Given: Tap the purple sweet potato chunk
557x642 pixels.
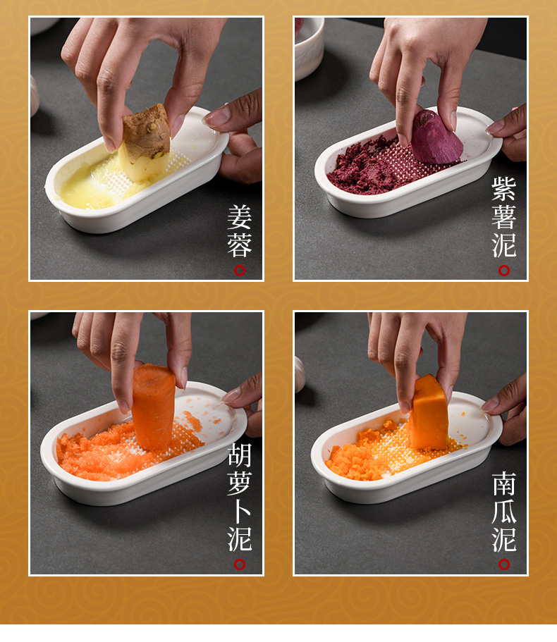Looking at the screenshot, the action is coord(436,137).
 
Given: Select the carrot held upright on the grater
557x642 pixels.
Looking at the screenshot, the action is coord(153,407).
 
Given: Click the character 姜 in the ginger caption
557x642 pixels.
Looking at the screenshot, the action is coord(240,217).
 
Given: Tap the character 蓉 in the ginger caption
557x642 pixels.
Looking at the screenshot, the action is coord(240,245).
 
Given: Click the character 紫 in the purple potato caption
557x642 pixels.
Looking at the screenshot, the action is coord(503,189).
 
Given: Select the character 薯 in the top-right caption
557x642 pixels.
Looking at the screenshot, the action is coord(503,217).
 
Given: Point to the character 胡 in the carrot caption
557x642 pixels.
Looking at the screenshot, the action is coord(240,455).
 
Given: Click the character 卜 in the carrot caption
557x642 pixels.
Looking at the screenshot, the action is coord(240,511).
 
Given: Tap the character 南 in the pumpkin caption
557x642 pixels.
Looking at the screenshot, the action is coord(504,483).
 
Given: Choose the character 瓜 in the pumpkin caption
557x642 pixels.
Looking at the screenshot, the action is coord(504,511).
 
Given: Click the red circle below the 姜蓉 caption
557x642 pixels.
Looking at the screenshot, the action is coord(240,270).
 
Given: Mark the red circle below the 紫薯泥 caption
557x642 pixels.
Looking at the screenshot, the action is coord(503,270).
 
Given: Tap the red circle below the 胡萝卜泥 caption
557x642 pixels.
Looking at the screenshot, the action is coord(240,564).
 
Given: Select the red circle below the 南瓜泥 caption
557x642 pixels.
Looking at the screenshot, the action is coord(503,564).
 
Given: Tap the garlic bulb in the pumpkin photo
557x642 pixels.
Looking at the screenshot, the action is coord(300,375).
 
